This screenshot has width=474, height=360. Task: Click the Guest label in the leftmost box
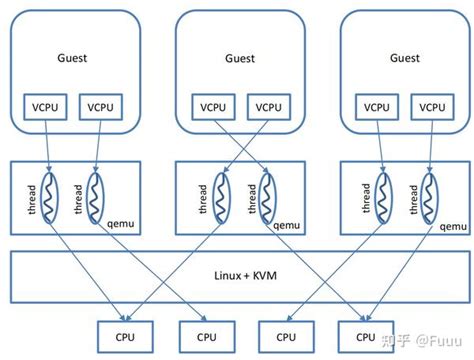[x=72, y=58]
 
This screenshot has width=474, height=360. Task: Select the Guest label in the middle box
[x=238, y=59]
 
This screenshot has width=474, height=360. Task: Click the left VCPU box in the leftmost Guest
[x=45, y=106]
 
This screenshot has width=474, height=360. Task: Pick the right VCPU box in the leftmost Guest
[x=101, y=106]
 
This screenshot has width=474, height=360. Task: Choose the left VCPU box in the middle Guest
[x=211, y=106]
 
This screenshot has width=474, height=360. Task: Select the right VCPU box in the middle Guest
[x=266, y=106]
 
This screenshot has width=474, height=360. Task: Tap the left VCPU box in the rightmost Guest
[x=376, y=106]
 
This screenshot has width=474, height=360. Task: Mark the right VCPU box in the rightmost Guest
[x=431, y=106]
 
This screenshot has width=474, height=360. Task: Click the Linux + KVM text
[x=238, y=274]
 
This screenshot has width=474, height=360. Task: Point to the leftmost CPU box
[x=124, y=337]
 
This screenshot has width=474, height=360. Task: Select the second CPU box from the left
[x=205, y=337]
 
